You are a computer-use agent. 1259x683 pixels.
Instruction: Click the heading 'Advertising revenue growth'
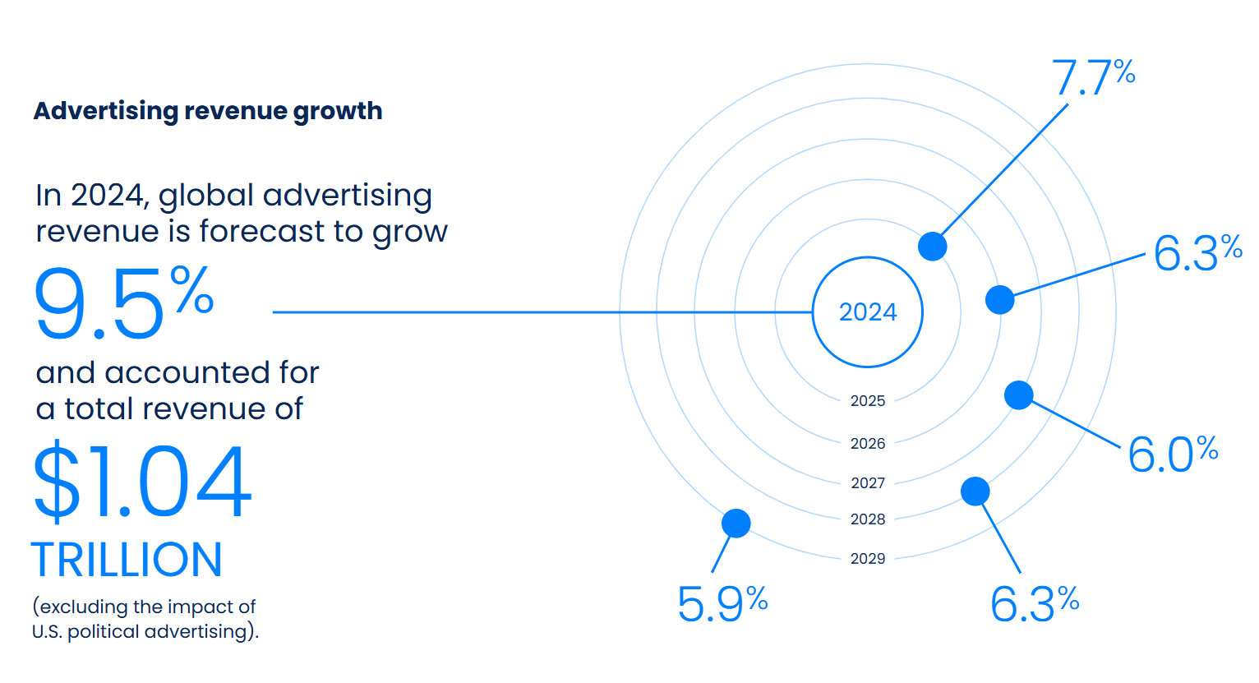coord(208,111)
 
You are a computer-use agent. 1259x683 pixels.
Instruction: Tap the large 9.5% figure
coord(123,302)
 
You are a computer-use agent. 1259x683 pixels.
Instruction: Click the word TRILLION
coord(127,560)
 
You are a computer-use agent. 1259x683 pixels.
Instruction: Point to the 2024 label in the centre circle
coord(868,312)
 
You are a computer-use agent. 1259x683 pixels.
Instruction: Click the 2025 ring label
coord(868,401)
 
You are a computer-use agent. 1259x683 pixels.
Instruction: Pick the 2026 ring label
coord(868,444)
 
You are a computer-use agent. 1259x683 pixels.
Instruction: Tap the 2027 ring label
coord(868,483)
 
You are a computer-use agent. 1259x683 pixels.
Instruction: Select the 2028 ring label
coord(868,519)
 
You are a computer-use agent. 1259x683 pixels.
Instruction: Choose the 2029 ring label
coord(868,559)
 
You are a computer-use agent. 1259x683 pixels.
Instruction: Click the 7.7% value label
coord(1093,78)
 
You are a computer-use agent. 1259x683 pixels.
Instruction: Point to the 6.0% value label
coord(1172,454)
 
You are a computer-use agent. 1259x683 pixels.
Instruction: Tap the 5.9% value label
coord(722,604)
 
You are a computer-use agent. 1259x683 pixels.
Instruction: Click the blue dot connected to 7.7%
coord(932,246)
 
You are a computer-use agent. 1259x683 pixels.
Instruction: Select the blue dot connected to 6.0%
coord(1019,395)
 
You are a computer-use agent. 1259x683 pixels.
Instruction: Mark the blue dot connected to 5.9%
coord(736,523)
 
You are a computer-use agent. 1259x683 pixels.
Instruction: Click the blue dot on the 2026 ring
coord(999,300)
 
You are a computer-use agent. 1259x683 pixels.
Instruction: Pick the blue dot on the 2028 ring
coord(975,491)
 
